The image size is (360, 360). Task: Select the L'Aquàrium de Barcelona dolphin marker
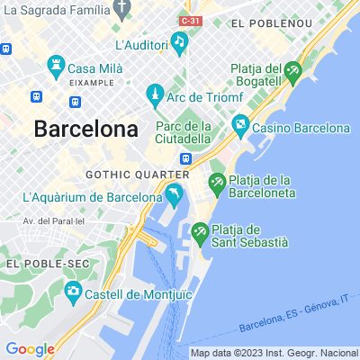(x=173, y=193)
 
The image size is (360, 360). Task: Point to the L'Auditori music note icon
(x=180, y=42)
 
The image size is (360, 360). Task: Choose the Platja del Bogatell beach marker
(x=292, y=69)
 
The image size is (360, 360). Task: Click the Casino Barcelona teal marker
(x=239, y=124)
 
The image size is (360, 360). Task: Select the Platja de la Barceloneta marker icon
(x=217, y=183)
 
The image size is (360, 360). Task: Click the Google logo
(x=30, y=349)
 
